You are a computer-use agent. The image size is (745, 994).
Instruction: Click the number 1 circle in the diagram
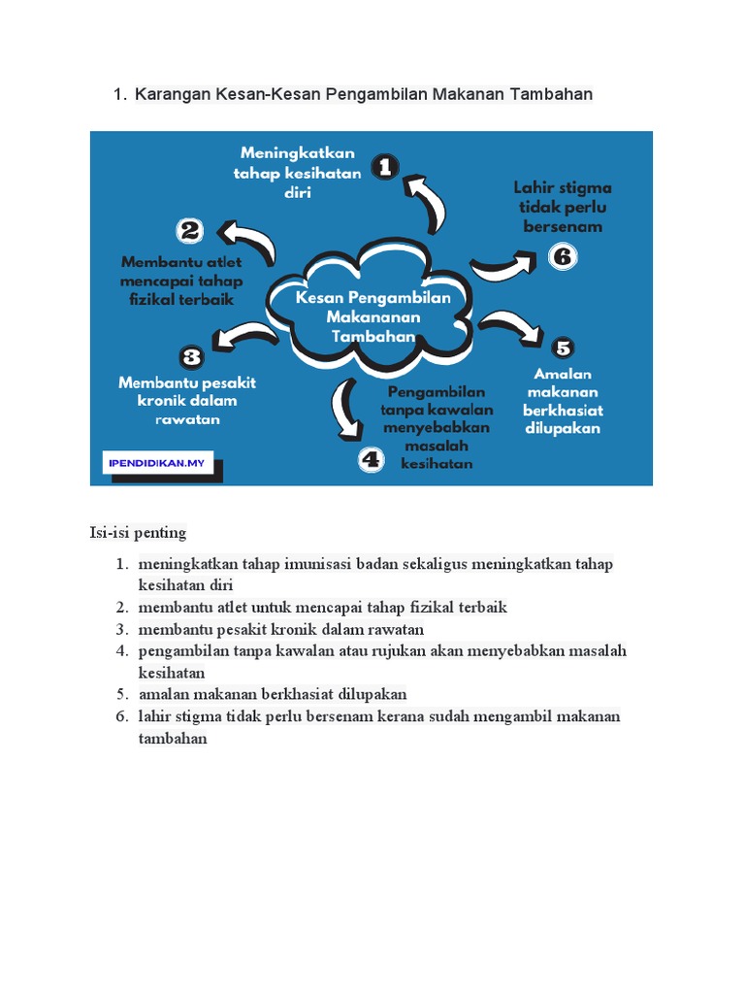pos(385,167)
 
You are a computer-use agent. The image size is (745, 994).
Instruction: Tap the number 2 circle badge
pos(190,231)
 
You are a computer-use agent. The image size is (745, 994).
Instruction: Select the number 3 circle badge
pos(192,356)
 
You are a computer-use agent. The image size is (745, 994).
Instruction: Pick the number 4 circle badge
pos(372,459)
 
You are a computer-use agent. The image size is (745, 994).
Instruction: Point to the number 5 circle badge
pos(563,348)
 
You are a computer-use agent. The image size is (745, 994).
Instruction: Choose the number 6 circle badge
pos(563,257)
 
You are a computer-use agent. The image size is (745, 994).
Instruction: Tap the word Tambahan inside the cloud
pos(373,336)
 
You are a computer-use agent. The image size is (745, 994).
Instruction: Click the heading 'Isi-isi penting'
pos(138,533)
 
